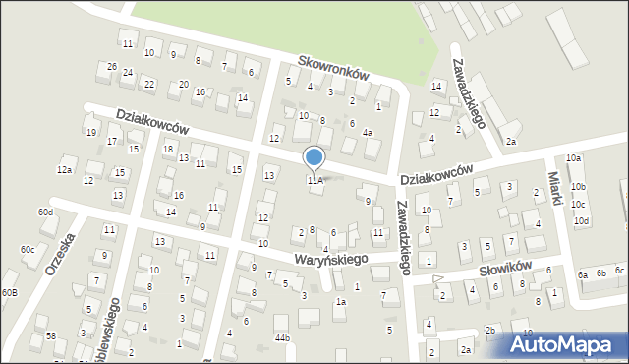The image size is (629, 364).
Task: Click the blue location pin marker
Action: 314,157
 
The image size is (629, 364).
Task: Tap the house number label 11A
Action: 314,180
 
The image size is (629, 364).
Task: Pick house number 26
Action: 113,67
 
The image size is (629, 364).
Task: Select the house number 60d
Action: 45,212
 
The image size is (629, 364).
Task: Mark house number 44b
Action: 282,338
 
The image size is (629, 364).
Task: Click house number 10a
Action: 574,158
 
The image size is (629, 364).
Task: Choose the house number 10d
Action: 581,220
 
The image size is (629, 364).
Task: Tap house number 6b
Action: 600,273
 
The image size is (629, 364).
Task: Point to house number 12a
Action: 64,170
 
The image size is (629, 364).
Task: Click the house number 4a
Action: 368,132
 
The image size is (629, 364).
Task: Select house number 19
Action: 90,132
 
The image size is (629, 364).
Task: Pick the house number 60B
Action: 9,293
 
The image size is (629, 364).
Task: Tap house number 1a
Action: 340,302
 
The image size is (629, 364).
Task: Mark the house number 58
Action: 51,335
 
